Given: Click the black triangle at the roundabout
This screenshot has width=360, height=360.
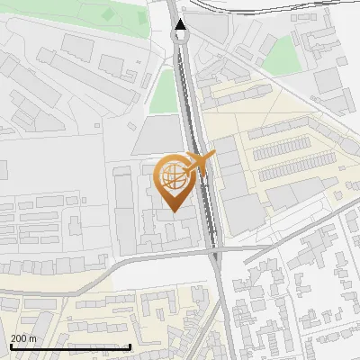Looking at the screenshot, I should click(182, 26).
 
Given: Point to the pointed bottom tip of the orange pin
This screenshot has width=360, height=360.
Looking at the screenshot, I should click(173, 211).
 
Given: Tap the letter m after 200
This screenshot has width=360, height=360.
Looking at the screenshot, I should click(32, 337).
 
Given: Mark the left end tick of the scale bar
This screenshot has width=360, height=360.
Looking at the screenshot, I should click(9, 346).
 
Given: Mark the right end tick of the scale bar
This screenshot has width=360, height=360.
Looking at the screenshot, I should click(131, 346).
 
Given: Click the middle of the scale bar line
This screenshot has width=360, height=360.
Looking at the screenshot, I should click(70, 347).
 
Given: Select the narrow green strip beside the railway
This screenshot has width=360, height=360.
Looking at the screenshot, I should click(165, 91).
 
